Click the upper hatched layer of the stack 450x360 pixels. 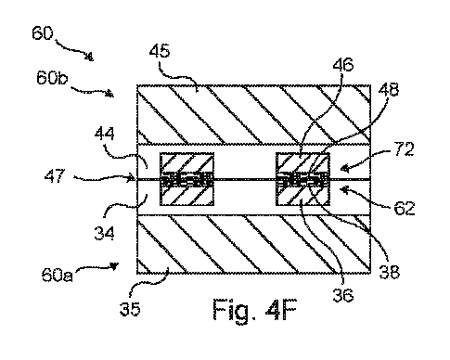pyautogui.click(x=251, y=113)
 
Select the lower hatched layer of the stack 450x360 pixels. pyautogui.click(x=251, y=244)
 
